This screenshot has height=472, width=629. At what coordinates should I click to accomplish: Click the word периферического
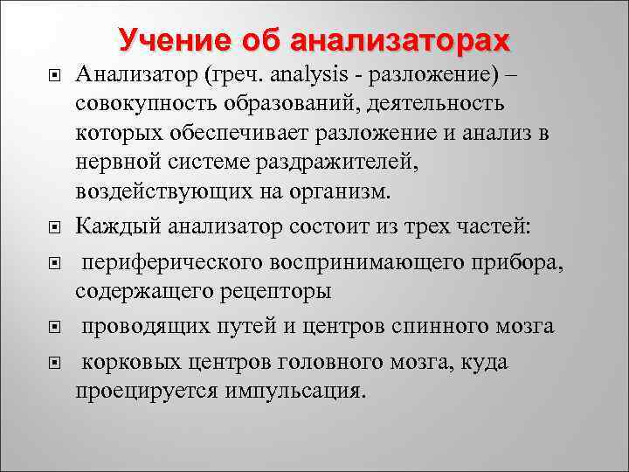tap(176, 263)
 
